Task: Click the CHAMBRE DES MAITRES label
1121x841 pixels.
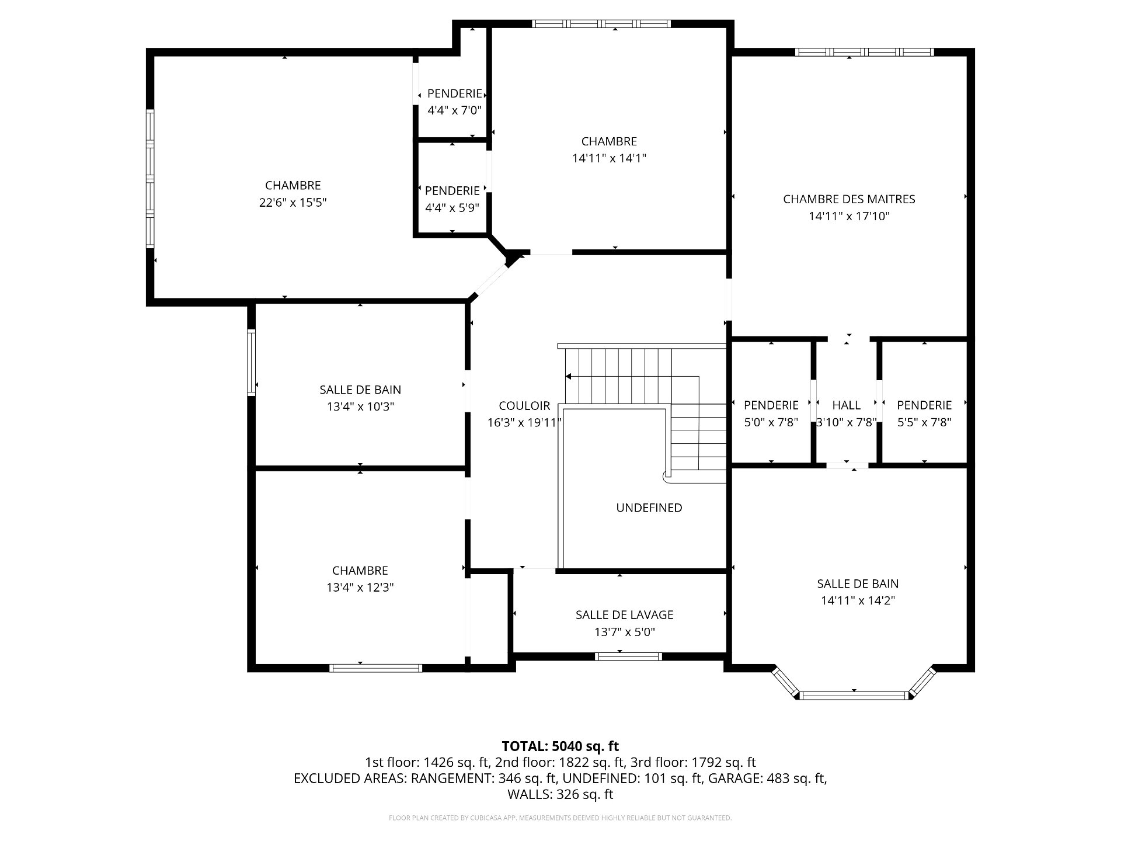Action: [x=849, y=199]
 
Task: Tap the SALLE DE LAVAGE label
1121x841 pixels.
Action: [x=624, y=615]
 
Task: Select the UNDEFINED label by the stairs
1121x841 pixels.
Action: [x=649, y=508]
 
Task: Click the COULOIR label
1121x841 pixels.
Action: [x=524, y=406]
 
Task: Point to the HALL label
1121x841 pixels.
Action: [x=846, y=405]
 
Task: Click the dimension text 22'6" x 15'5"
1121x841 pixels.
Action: [x=293, y=203]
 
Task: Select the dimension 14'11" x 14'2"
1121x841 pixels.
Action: [x=858, y=600]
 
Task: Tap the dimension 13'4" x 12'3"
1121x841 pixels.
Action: [x=360, y=588]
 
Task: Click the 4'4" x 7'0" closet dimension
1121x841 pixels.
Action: [x=454, y=110]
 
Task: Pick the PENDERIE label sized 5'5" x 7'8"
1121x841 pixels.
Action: [x=924, y=405]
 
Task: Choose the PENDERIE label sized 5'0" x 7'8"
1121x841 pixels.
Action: [x=771, y=405]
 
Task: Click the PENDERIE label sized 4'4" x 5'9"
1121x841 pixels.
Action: [x=452, y=191]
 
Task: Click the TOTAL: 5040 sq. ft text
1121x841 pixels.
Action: [x=560, y=746]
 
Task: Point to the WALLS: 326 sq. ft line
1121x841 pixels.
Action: [x=560, y=794]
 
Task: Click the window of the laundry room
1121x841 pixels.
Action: [x=628, y=656]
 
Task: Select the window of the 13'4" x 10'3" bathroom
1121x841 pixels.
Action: [x=252, y=363]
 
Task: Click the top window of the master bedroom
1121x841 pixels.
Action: [x=864, y=52]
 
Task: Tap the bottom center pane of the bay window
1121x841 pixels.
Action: [x=854, y=695]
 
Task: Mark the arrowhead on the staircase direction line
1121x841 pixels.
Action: [x=568, y=377]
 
